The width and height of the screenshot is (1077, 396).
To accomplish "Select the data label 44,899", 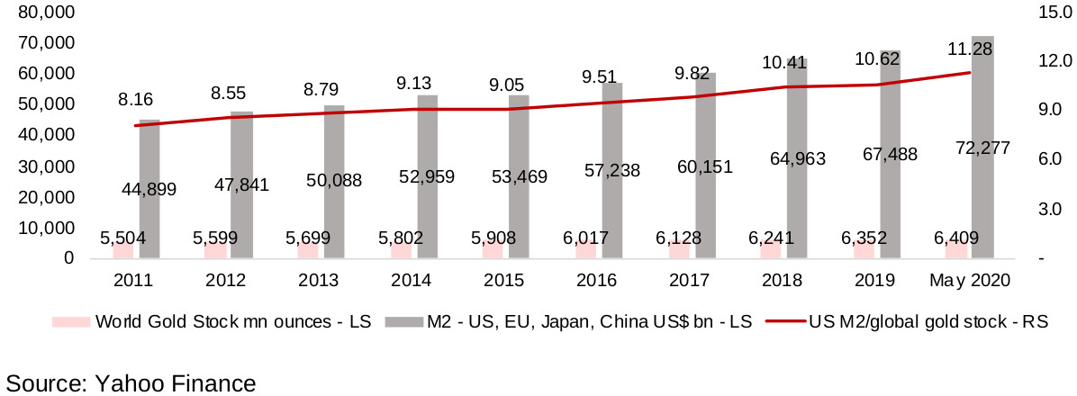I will click(149, 189).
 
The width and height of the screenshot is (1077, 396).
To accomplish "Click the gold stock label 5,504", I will click(123, 238).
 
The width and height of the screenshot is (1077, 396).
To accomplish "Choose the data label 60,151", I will click(704, 166).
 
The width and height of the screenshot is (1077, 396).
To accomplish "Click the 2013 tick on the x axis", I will click(321, 281).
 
